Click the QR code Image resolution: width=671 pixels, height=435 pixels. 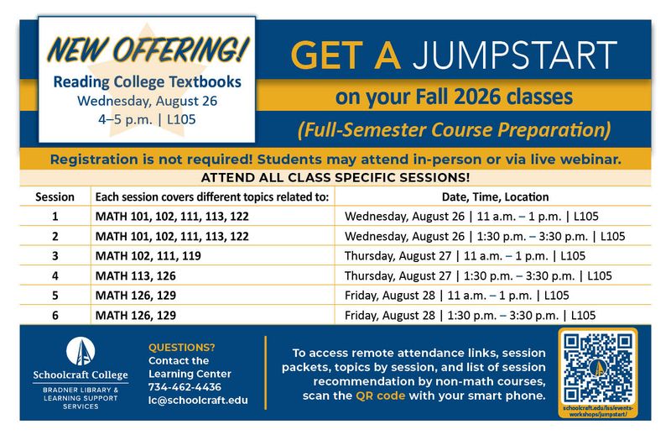pyautogui.click(x=598, y=368)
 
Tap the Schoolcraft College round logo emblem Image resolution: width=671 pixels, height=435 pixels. pyautogui.click(x=81, y=351)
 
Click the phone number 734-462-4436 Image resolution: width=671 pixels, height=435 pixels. pyautogui.click(x=185, y=387)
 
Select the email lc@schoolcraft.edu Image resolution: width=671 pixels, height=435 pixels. pyautogui.click(x=198, y=401)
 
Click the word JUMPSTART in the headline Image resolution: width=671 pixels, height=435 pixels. pyautogui.click(x=515, y=55)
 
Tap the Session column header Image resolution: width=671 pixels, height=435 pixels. pyautogui.click(x=55, y=197)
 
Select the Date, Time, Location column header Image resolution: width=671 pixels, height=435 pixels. pyautogui.click(x=495, y=197)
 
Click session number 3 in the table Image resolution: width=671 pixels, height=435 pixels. pyautogui.click(x=55, y=256)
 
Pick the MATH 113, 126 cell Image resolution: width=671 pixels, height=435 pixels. pyautogui.click(x=136, y=275)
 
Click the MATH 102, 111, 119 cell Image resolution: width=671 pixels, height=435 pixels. pyautogui.click(x=148, y=256)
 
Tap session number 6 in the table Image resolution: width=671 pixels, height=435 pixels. pyautogui.click(x=55, y=316)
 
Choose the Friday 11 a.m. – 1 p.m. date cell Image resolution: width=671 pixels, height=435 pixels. pyautogui.click(x=457, y=296)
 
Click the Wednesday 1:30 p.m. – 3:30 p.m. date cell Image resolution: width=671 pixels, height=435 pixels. pyautogui.click(x=485, y=236)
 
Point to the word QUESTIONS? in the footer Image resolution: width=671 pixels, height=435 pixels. pyautogui.click(x=182, y=347)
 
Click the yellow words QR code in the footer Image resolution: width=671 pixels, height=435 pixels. pyautogui.click(x=381, y=396)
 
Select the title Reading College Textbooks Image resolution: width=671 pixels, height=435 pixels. pyautogui.click(x=148, y=81)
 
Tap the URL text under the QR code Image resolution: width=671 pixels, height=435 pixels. pyautogui.click(x=598, y=411)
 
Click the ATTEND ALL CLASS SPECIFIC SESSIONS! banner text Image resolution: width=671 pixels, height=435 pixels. pyautogui.click(x=335, y=177)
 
